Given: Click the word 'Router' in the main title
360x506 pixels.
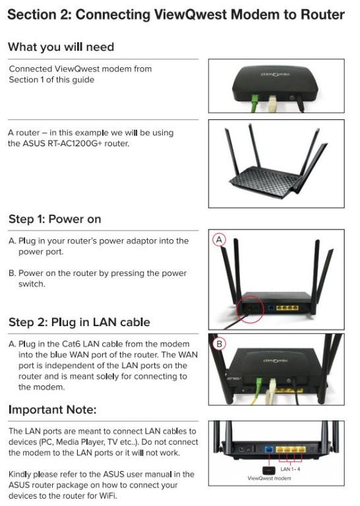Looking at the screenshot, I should [x=318, y=14].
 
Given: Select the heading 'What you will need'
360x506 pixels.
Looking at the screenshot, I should [x=61, y=47].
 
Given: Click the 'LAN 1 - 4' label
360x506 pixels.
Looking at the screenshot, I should [x=291, y=468].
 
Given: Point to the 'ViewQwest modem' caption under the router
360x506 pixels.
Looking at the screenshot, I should [x=269, y=478].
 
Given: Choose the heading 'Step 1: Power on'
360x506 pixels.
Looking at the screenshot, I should [x=55, y=219].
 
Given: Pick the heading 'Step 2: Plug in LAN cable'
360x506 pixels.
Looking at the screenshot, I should [x=79, y=322].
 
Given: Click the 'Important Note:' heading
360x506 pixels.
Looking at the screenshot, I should [x=52, y=410].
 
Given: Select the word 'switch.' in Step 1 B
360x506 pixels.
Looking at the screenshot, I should [x=34, y=283].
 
